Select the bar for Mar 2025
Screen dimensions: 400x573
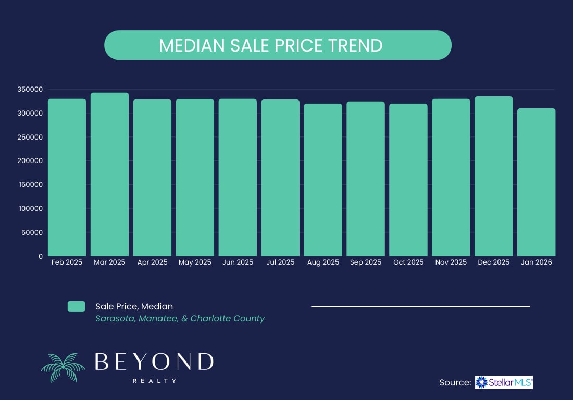pyautogui.click(x=109, y=174)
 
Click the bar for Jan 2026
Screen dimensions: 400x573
pyautogui.click(x=536, y=182)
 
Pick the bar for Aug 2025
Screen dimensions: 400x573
pyautogui.click(x=323, y=180)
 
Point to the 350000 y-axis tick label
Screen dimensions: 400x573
pyautogui.click(x=29, y=90)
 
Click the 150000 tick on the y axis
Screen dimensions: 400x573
pyautogui.click(x=29, y=185)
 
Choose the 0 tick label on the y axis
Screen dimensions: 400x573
pyautogui.click(x=40, y=256)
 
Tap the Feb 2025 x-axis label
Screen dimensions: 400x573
pyautogui.click(x=67, y=262)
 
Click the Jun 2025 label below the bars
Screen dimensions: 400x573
pyautogui.click(x=238, y=262)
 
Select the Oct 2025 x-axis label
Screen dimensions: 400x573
pyautogui.click(x=408, y=262)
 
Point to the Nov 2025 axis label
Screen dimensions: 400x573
pyautogui.click(x=451, y=262)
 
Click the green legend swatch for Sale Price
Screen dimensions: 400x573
pyautogui.click(x=76, y=307)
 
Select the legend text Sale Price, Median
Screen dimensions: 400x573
pyautogui.click(x=134, y=306)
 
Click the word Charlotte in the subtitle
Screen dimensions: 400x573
pyautogui.click(x=209, y=318)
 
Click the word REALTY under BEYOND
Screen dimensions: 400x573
pyautogui.click(x=154, y=381)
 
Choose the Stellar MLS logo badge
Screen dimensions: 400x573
pyautogui.click(x=503, y=383)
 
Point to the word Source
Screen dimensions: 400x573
pyautogui.click(x=455, y=383)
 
